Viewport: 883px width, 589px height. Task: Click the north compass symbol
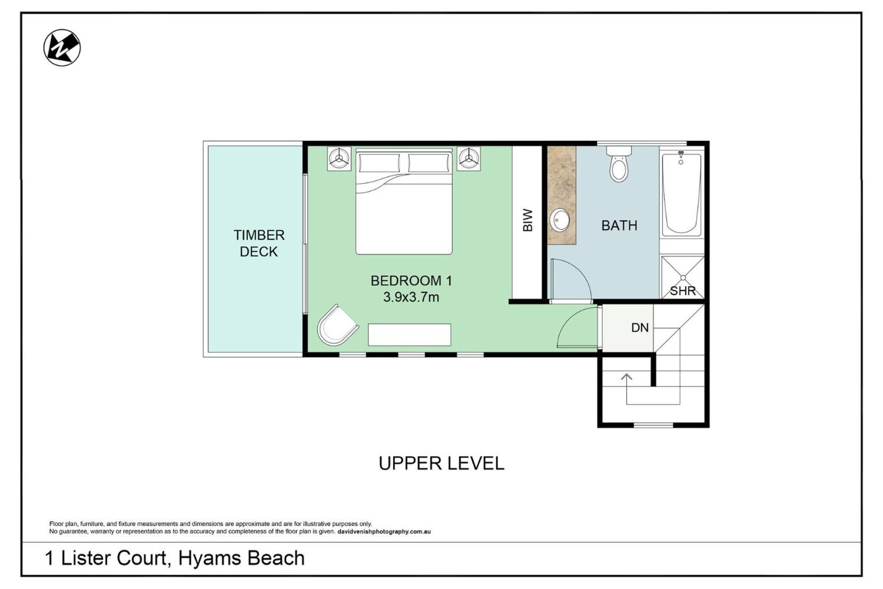[62, 47]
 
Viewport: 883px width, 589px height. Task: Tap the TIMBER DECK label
[259, 243]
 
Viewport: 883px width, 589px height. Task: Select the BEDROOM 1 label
[412, 281]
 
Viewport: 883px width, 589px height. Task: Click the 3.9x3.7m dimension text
[411, 297]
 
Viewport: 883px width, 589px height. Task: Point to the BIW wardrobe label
[528, 220]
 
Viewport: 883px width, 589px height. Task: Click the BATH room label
[619, 225]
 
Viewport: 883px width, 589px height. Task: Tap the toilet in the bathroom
[619, 164]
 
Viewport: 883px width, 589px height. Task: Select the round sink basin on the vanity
[560, 220]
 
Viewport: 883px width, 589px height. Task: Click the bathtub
[682, 194]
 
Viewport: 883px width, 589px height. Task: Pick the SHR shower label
[683, 291]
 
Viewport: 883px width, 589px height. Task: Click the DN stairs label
[640, 328]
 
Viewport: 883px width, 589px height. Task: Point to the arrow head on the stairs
[626, 376]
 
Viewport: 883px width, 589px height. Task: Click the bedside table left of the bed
[339, 159]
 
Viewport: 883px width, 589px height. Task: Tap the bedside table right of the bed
[469, 159]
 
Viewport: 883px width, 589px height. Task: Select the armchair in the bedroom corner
[338, 325]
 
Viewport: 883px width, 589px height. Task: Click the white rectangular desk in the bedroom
[409, 335]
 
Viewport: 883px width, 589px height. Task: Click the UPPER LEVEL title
[441, 463]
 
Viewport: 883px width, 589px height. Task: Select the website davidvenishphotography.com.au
[384, 531]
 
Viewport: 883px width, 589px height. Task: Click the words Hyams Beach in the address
[241, 558]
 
